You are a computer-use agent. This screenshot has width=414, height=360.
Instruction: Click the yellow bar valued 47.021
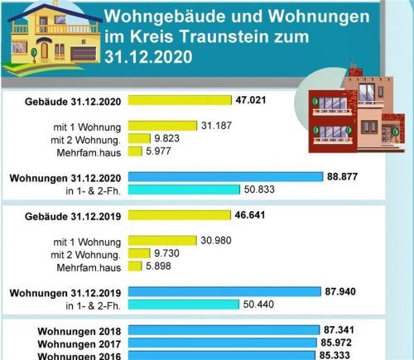click(x=179, y=100)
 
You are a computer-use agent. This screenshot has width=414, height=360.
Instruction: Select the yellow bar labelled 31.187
click(x=162, y=126)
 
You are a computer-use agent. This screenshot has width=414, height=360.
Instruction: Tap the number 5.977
click(x=159, y=151)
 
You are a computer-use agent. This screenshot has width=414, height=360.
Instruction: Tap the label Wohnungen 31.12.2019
click(x=65, y=292)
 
